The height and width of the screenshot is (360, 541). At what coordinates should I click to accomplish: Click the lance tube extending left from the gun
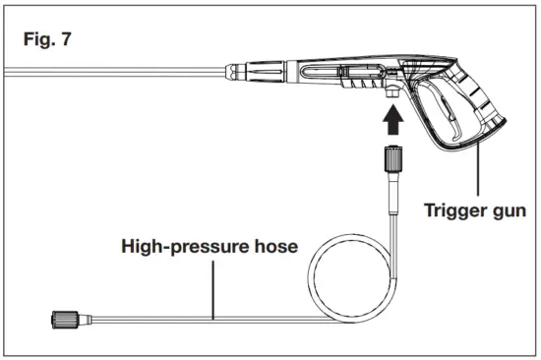(x=108, y=72)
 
